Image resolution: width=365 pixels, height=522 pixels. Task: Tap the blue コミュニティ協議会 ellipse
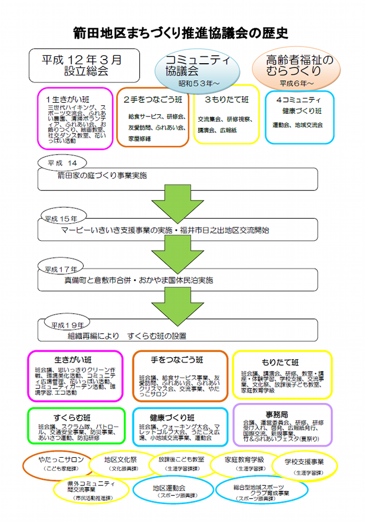tap(197, 69)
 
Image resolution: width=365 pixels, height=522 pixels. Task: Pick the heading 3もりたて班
tap(226, 99)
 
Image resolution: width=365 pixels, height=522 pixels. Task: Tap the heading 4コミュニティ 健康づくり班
tap(298, 105)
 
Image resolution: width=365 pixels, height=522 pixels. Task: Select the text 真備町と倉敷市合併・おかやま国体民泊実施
tap(135, 280)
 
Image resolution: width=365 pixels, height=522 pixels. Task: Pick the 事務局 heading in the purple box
tap(280, 414)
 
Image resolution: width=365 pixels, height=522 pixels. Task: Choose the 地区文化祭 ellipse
tap(120, 464)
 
